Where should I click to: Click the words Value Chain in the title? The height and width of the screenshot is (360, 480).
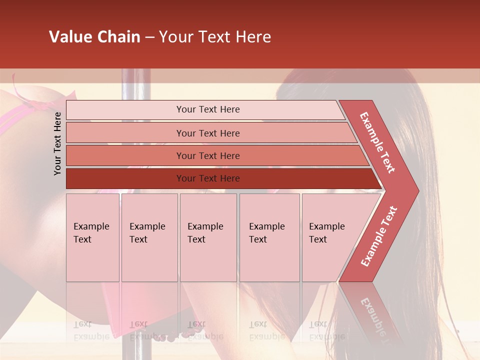94,37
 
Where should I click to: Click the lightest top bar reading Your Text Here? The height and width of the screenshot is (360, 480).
207,109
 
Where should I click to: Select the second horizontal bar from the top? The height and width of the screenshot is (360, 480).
207,133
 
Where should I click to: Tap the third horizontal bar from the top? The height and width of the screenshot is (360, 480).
207,155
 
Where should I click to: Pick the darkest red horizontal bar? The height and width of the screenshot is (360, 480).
207,178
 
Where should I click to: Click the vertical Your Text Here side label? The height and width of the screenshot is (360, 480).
57,143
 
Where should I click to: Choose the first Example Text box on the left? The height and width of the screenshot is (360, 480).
92,237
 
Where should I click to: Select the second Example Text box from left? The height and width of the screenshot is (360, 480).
149,237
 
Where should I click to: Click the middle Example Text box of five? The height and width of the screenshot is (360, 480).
208,237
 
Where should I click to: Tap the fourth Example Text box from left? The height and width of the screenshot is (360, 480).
269,237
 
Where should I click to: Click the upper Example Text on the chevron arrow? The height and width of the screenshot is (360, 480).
377,142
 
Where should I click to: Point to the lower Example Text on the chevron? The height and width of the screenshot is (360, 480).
379,236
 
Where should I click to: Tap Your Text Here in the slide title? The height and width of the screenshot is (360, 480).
215,37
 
